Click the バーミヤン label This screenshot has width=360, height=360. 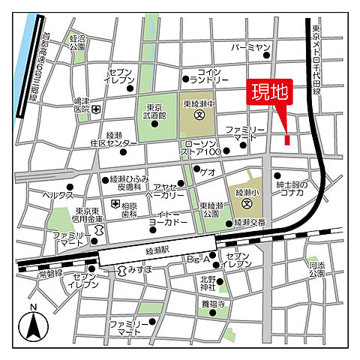pyautogui.click(x=250, y=47)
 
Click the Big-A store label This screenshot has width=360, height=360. pyautogui.click(x=196, y=259)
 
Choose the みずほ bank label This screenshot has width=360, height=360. pyautogui.click(x=139, y=268)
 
